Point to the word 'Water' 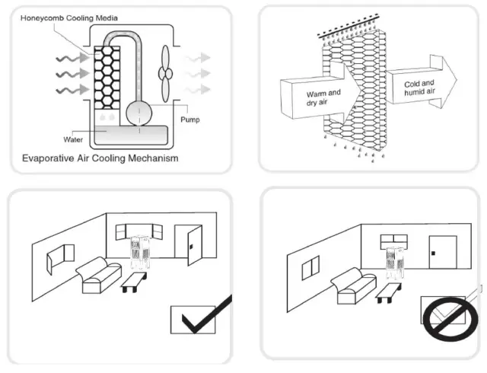tap(75, 139)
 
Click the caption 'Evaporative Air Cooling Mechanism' tap(100, 159)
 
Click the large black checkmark tap(199, 320)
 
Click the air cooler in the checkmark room tap(139, 253)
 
